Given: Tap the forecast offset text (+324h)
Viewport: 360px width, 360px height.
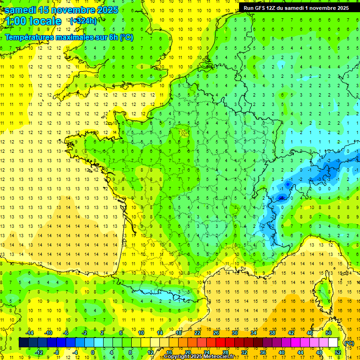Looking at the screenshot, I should pos(83,21).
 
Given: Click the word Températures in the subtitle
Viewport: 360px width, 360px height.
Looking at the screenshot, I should pos(31,37).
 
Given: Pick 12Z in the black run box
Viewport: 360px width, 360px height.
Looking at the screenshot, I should pos(275,8).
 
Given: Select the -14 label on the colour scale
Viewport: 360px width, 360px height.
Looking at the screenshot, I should pos(30,333).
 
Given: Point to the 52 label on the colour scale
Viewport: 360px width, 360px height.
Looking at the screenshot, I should pos(338,352).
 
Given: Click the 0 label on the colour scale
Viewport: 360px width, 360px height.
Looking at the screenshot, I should pos(93,352).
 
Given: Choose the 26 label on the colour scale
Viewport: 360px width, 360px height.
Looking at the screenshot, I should pos(216,333).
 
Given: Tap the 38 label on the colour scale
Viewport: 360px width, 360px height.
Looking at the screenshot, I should pos(272,333).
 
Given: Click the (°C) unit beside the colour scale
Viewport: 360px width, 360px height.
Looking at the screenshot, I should pos(349,343).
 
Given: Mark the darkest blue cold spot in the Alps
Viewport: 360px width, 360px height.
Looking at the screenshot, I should pos(281,198).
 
